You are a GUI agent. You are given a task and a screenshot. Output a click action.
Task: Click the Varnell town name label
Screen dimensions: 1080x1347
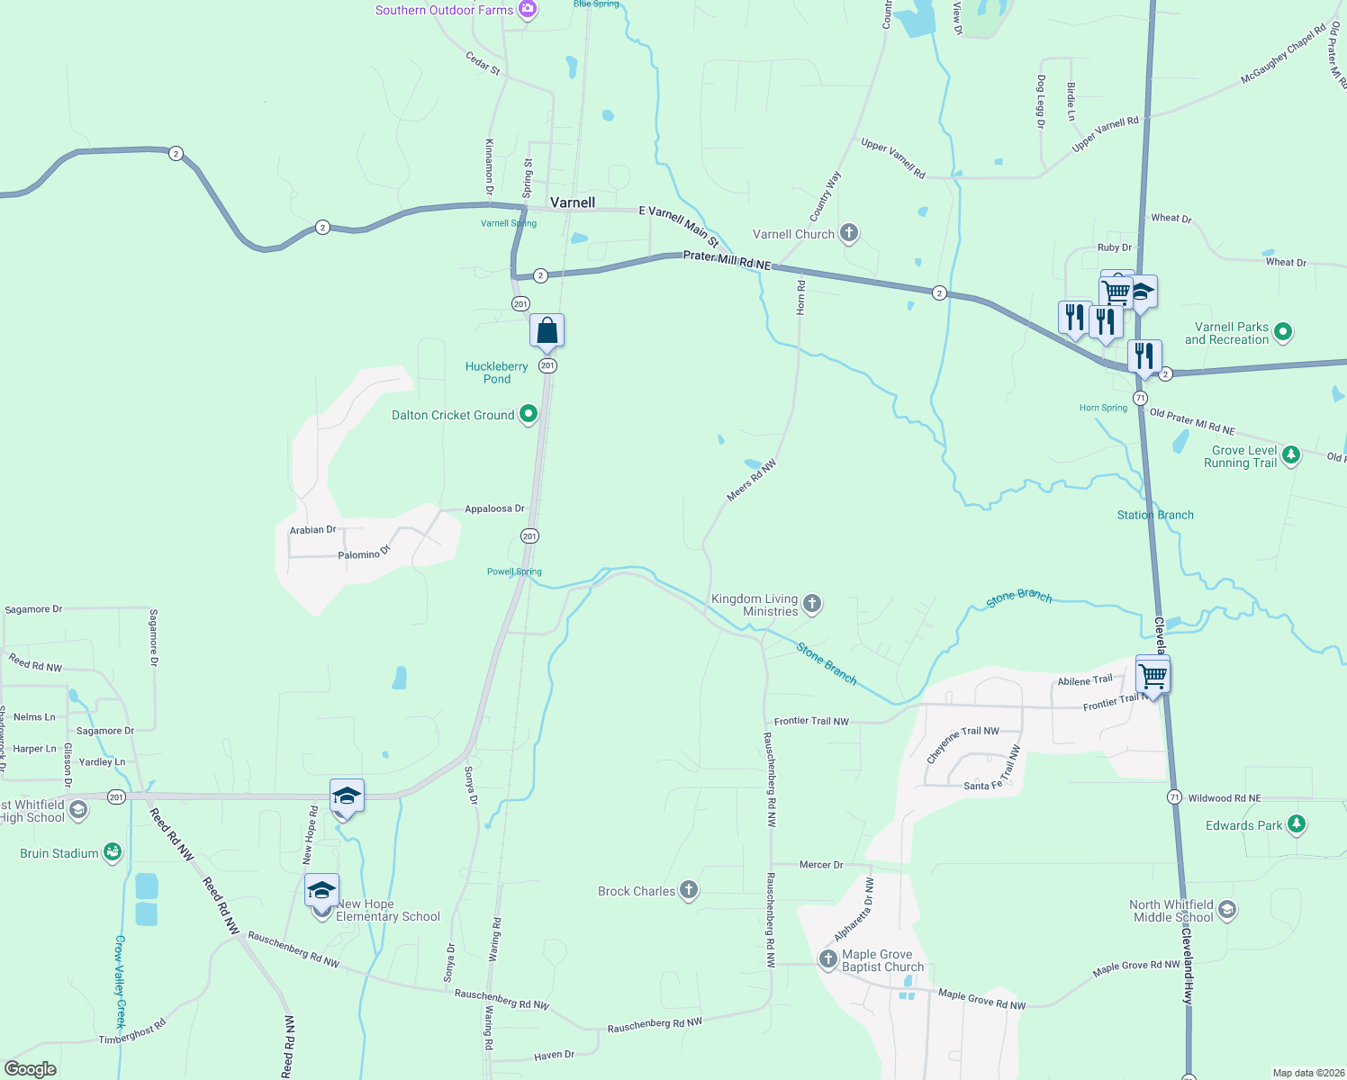pos(573,202)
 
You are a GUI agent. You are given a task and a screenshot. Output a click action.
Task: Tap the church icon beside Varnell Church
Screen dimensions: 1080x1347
pos(848,234)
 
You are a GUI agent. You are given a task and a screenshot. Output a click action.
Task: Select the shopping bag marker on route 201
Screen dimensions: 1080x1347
pos(547,330)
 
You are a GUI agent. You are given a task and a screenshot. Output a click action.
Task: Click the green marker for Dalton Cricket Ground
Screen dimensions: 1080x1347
pos(529,415)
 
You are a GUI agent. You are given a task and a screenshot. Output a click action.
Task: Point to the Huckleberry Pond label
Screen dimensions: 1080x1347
pos(496,373)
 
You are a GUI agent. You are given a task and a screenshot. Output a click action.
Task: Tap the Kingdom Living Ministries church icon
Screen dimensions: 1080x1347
pos(812,604)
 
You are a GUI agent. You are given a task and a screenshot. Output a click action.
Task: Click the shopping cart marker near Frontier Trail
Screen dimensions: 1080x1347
pos(1153,674)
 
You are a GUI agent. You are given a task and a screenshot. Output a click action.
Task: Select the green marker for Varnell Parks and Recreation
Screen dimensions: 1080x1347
pos(1283,333)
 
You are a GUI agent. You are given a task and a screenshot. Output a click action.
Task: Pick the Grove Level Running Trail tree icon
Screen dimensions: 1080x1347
pos(1291,455)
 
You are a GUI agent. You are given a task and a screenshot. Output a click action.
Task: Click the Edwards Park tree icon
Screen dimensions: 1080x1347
pos(1296,824)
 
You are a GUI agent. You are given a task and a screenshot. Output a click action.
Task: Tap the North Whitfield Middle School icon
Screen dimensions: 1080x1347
pos(1227,911)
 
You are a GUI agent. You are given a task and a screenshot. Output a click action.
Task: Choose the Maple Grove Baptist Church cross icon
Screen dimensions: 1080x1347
pos(828,960)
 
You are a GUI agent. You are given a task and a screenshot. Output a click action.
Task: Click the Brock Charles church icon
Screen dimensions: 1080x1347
pos(689,891)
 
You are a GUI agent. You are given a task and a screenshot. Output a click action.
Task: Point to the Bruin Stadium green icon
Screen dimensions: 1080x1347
pos(113,853)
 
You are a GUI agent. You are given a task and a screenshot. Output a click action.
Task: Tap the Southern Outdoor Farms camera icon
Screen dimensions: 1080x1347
pos(528,10)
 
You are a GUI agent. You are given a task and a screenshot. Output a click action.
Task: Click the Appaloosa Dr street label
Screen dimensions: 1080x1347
pos(494,509)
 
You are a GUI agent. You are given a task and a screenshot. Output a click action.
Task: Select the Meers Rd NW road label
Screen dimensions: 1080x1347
pos(751,480)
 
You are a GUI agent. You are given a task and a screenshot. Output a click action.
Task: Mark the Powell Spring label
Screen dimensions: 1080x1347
pos(514,571)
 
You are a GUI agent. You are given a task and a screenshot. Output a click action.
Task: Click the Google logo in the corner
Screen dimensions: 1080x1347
pos(31,1069)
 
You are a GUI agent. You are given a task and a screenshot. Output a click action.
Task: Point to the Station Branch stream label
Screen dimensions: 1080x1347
pos(1155,515)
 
